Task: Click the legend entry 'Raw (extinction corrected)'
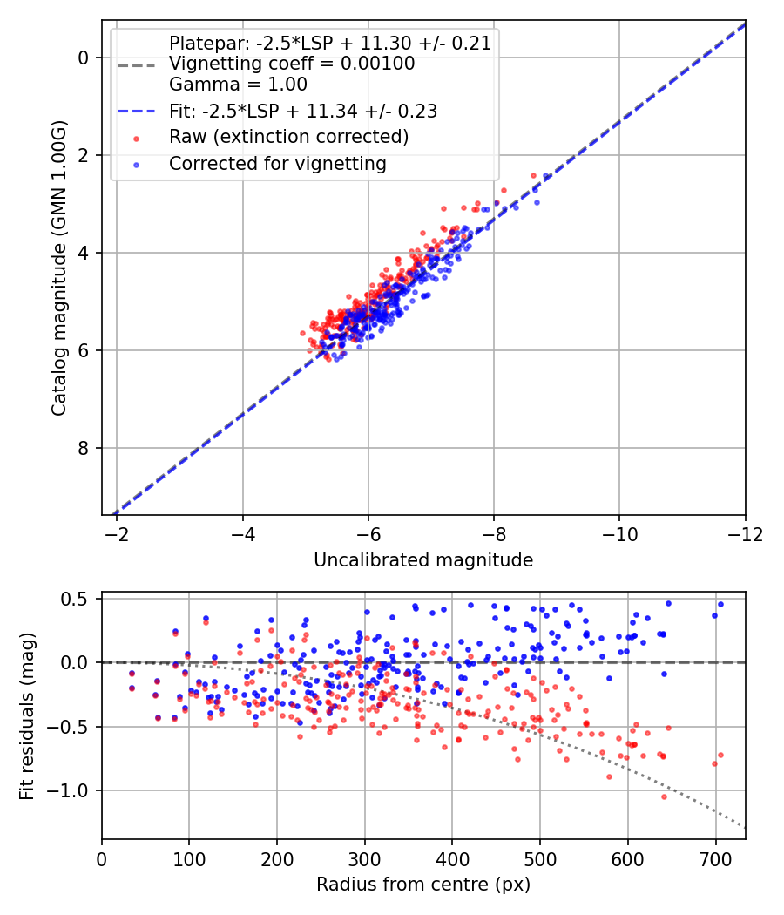[288, 137]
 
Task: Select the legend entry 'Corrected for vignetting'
[278, 163]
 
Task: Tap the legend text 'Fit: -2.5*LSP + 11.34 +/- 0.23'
[303, 111]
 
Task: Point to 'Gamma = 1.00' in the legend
[238, 85]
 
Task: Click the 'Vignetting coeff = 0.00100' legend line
[292, 64]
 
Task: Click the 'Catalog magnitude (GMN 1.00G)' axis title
[59, 268]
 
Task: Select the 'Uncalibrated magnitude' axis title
[423, 560]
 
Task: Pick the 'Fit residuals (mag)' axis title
[27, 715]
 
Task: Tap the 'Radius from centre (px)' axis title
[423, 884]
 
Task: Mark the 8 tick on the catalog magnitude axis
[84, 448]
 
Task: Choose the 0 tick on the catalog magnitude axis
[84, 58]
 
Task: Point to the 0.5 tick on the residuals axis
[79, 599]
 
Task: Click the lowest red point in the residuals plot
[664, 796]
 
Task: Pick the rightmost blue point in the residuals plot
[720, 604]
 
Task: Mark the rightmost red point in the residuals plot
[720, 755]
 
